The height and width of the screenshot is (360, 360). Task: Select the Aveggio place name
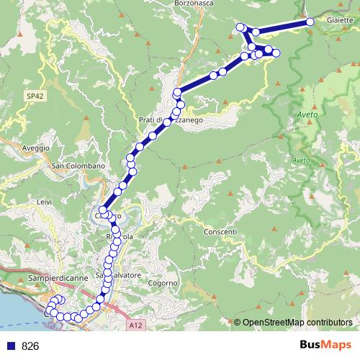click(36, 148)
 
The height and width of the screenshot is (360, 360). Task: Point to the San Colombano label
click(78, 166)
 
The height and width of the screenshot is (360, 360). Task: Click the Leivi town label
click(44, 202)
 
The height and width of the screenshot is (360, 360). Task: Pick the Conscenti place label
click(220, 232)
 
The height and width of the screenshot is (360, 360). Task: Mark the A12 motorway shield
click(137, 326)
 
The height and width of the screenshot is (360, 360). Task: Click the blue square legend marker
click(10, 346)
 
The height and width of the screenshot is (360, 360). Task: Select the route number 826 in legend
click(30, 346)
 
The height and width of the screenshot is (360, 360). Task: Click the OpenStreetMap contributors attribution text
click(298, 322)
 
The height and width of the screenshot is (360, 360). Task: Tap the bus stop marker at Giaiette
click(310, 22)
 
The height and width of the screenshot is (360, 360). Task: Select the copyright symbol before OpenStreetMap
click(238, 322)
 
